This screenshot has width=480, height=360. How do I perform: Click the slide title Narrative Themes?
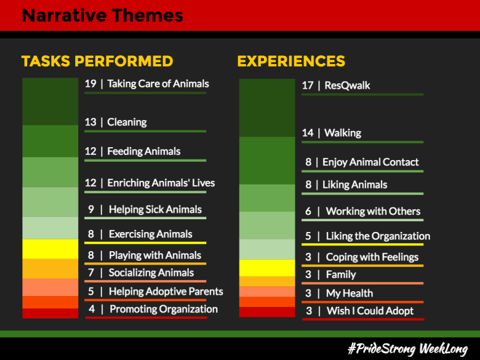point(102,15)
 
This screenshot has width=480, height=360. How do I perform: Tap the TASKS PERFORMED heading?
point(97,61)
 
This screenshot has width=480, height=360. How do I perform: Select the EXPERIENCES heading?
point(291,61)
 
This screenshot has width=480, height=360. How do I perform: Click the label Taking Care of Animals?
point(158,84)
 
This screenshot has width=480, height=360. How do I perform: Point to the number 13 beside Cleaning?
point(90,122)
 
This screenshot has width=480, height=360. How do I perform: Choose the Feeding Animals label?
point(143,151)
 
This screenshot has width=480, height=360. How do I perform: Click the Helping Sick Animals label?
point(155,210)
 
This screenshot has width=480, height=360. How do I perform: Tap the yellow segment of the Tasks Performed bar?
point(50,249)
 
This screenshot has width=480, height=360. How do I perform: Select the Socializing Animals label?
point(151,273)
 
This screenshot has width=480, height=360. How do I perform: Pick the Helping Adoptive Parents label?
point(166,291)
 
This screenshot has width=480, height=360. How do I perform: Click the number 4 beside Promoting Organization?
point(92,309)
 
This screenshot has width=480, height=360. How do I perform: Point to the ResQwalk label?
point(347,85)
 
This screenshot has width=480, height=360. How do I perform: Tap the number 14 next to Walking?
point(308,133)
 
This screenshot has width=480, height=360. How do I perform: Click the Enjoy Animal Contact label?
point(371,162)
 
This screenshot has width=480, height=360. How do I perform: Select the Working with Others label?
point(373,211)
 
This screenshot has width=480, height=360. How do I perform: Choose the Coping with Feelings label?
point(372,257)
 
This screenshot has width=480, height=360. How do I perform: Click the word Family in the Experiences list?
point(341,275)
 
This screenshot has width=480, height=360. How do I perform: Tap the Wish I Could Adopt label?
point(370,311)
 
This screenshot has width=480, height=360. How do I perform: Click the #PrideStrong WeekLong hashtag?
point(408,349)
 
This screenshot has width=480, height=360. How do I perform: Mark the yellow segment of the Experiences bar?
point(267,268)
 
